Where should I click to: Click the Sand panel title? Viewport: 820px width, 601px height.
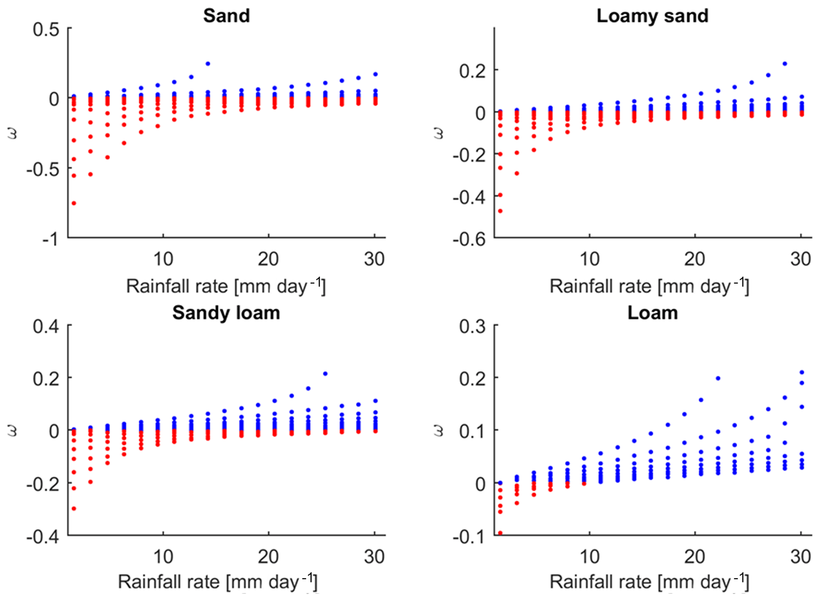227,16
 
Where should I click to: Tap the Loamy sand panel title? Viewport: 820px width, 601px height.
652,16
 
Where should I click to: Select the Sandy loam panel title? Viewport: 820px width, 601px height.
226,313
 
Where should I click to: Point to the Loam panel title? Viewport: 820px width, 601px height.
652,313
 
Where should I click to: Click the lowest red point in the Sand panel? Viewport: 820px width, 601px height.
74,203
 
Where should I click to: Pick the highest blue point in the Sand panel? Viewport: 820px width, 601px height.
208,64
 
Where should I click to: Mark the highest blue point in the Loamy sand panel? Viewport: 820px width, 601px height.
785,64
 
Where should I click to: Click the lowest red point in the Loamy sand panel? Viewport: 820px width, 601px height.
500,211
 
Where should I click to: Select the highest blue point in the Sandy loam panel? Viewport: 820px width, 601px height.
325,374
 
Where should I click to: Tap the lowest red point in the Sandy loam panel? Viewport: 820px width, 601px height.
74,508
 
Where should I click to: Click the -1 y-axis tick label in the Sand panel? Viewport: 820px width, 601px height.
51,239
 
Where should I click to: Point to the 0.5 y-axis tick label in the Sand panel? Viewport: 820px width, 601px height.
46,30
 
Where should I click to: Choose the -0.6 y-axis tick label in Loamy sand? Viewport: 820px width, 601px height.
469,239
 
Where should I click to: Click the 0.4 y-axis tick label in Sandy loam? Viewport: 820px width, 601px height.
46,327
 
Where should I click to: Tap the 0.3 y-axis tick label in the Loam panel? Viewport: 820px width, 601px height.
472,327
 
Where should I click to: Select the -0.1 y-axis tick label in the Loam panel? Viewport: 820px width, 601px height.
469,537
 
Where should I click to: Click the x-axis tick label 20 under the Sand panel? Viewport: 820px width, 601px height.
268,259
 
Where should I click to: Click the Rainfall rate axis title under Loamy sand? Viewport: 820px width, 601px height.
649,286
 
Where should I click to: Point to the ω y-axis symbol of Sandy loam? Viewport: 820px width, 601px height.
12,431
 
